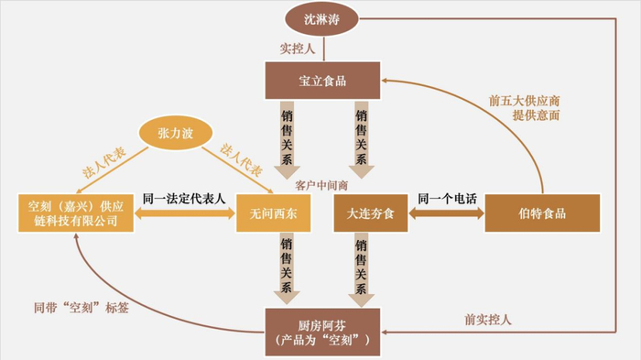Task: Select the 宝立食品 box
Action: pyautogui.click(x=322, y=81)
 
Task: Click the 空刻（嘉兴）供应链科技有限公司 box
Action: pyautogui.click(x=73, y=213)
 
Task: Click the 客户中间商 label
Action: pyautogui.click(x=322, y=183)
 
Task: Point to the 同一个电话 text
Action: pyautogui.click(x=446, y=198)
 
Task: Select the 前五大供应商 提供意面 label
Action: pyautogui.click(x=523, y=108)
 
